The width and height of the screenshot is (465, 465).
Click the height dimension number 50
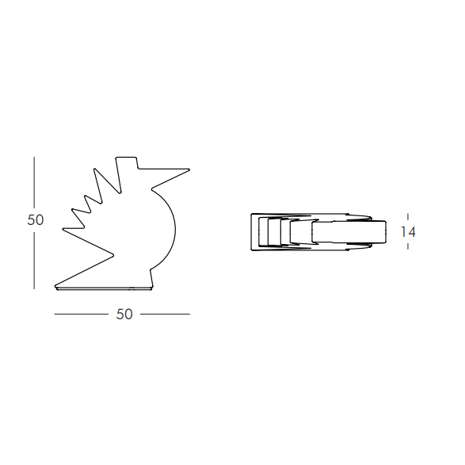tap(36, 220)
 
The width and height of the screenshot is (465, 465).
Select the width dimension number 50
tap(124, 314)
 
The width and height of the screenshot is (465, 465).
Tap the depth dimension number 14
tap(408, 232)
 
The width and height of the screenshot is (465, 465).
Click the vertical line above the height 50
tap(34, 182)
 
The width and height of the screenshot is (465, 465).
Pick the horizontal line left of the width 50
tap(81, 314)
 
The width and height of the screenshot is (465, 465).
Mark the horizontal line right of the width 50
tap(165, 314)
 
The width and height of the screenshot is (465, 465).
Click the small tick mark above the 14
tap(408, 216)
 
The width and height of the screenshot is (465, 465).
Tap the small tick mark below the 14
tap(408, 247)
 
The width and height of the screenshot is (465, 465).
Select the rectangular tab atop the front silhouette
tap(127, 163)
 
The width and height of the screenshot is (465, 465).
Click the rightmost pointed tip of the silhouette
tap(189, 170)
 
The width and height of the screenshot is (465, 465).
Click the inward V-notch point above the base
tap(113, 255)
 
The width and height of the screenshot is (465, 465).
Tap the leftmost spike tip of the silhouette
tap(63, 230)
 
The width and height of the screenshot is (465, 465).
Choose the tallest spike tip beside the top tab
tap(117, 158)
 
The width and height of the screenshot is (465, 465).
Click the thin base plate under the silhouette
tap(103, 288)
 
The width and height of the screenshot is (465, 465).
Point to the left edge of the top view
tap(252, 232)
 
